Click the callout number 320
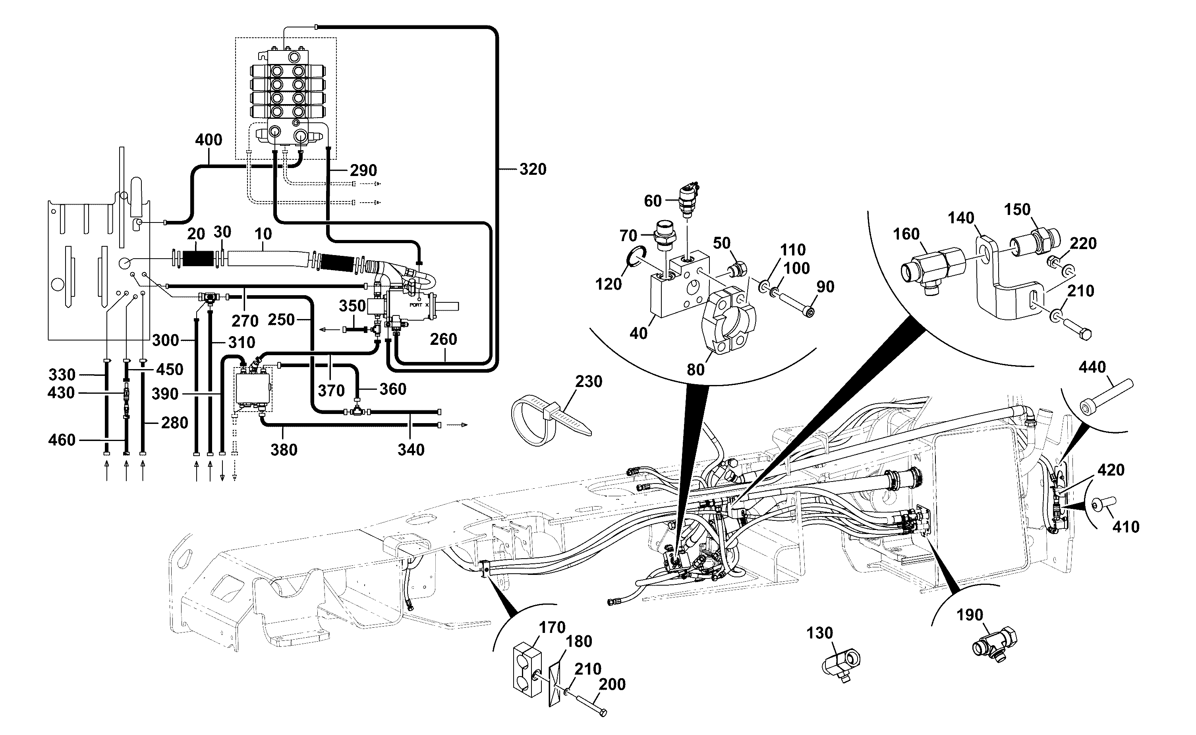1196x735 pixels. click(x=533, y=169)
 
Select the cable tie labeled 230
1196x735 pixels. click(x=550, y=419)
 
